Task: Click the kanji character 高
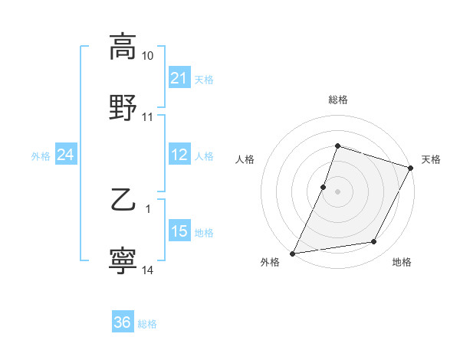tap(123, 47)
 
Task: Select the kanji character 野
tap(123, 107)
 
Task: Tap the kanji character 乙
tap(123, 201)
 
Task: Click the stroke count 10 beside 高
tap(148, 56)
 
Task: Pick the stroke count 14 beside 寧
tap(148, 270)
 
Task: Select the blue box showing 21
tap(179, 78)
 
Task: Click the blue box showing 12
tap(179, 155)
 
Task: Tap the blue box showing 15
tap(179, 231)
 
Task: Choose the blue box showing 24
tap(65, 155)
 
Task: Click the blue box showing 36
tap(122, 322)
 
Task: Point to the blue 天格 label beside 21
tap(204, 79)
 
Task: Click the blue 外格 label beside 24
tap(41, 155)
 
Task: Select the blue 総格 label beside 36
tap(147, 323)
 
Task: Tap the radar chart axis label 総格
tap(338, 100)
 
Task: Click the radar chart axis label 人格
tap(245, 159)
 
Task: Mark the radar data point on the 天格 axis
tap(411, 168)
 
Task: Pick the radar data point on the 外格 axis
tap(292, 254)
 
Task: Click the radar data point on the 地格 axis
tap(374, 242)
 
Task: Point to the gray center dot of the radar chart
tap(338, 191)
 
